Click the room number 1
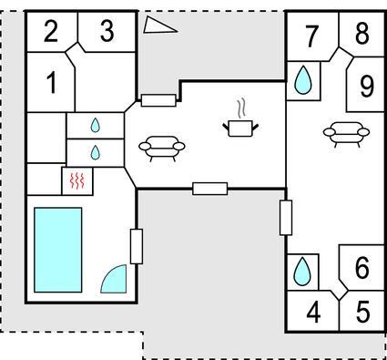(x=52, y=83)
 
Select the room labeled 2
(x=51, y=31)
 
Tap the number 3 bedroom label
(x=107, y=31)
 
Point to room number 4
(x=313, y=312)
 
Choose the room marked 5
(x=362, y=312)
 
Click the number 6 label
(x=362, y=268)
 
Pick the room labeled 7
(x=311, y=36)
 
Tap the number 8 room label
(x=362, y=33)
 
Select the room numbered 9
(x=367, y=86)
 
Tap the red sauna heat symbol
(x=77, y=180)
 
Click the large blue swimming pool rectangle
(x=58, y=250)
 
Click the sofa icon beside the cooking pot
(x=162, y=149)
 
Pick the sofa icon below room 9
(x=346, y=134)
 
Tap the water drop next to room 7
(x=303, y=80)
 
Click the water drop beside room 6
(x=302, y=272)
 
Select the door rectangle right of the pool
(x=137, y=246)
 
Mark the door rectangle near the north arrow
(x=158, y=100)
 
